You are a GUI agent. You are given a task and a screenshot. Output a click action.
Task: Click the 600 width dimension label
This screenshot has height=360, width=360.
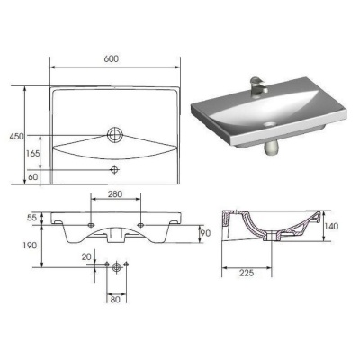(112, 58)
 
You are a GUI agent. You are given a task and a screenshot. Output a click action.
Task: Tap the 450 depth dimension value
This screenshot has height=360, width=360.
(16, 137)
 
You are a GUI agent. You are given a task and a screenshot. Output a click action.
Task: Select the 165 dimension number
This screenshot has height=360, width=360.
(32, 154)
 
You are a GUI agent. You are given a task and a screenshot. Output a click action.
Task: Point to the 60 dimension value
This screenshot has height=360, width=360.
(33, 176)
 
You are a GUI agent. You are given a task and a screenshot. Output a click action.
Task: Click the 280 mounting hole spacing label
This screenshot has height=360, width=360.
(115, 194)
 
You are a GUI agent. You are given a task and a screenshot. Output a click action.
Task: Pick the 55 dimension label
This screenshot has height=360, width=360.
(31, 218)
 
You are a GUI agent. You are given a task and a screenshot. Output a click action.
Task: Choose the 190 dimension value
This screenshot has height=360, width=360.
(30, 246)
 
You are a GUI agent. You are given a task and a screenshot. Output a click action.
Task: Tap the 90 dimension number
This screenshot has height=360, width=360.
(205, 233)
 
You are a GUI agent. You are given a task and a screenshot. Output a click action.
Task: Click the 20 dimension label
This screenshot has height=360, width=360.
(86, 256)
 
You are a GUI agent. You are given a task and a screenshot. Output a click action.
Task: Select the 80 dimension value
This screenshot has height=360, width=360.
(115, 299)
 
